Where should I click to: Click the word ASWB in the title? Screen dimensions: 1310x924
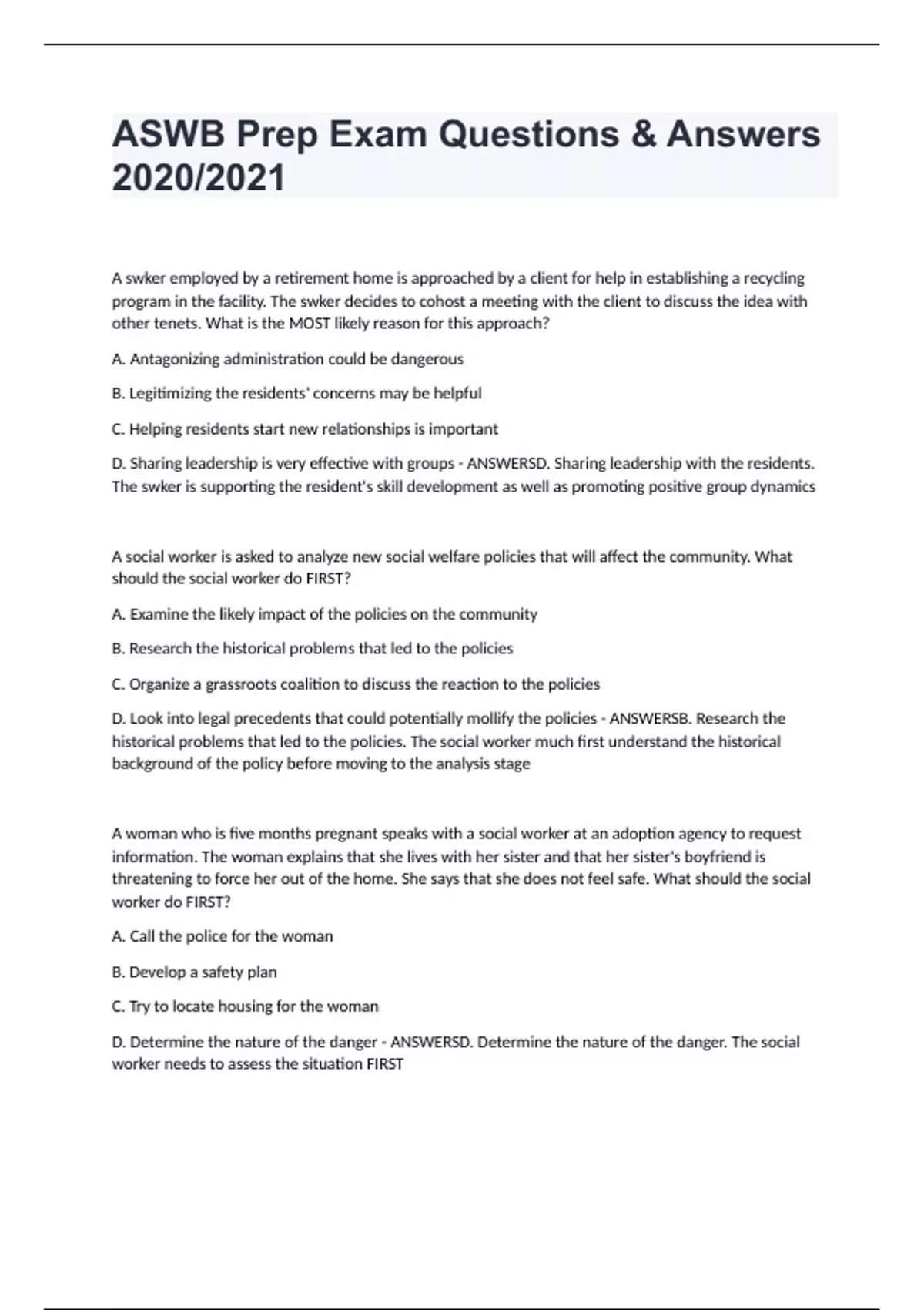click(169, 135)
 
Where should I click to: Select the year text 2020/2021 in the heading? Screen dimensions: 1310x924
click(199, 178)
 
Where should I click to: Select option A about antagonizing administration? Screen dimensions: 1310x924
click(287, 359)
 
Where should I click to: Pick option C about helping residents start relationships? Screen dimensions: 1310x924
click(304, 429)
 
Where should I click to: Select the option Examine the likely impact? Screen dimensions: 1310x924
click(324, 615)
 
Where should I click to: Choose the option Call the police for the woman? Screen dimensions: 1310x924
click(222, 937)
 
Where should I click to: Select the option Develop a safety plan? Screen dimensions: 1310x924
click(194, 972)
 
